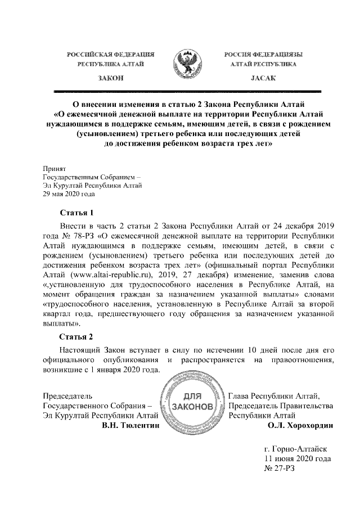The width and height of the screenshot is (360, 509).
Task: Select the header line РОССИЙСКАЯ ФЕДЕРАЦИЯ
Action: click(x=110, y=55)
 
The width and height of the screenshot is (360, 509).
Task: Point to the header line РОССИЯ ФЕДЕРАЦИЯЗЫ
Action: click(x=263, y=55)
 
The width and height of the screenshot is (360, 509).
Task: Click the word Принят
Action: click(x=55, y=169)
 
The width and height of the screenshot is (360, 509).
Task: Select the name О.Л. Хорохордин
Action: click(x=301, y=426)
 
